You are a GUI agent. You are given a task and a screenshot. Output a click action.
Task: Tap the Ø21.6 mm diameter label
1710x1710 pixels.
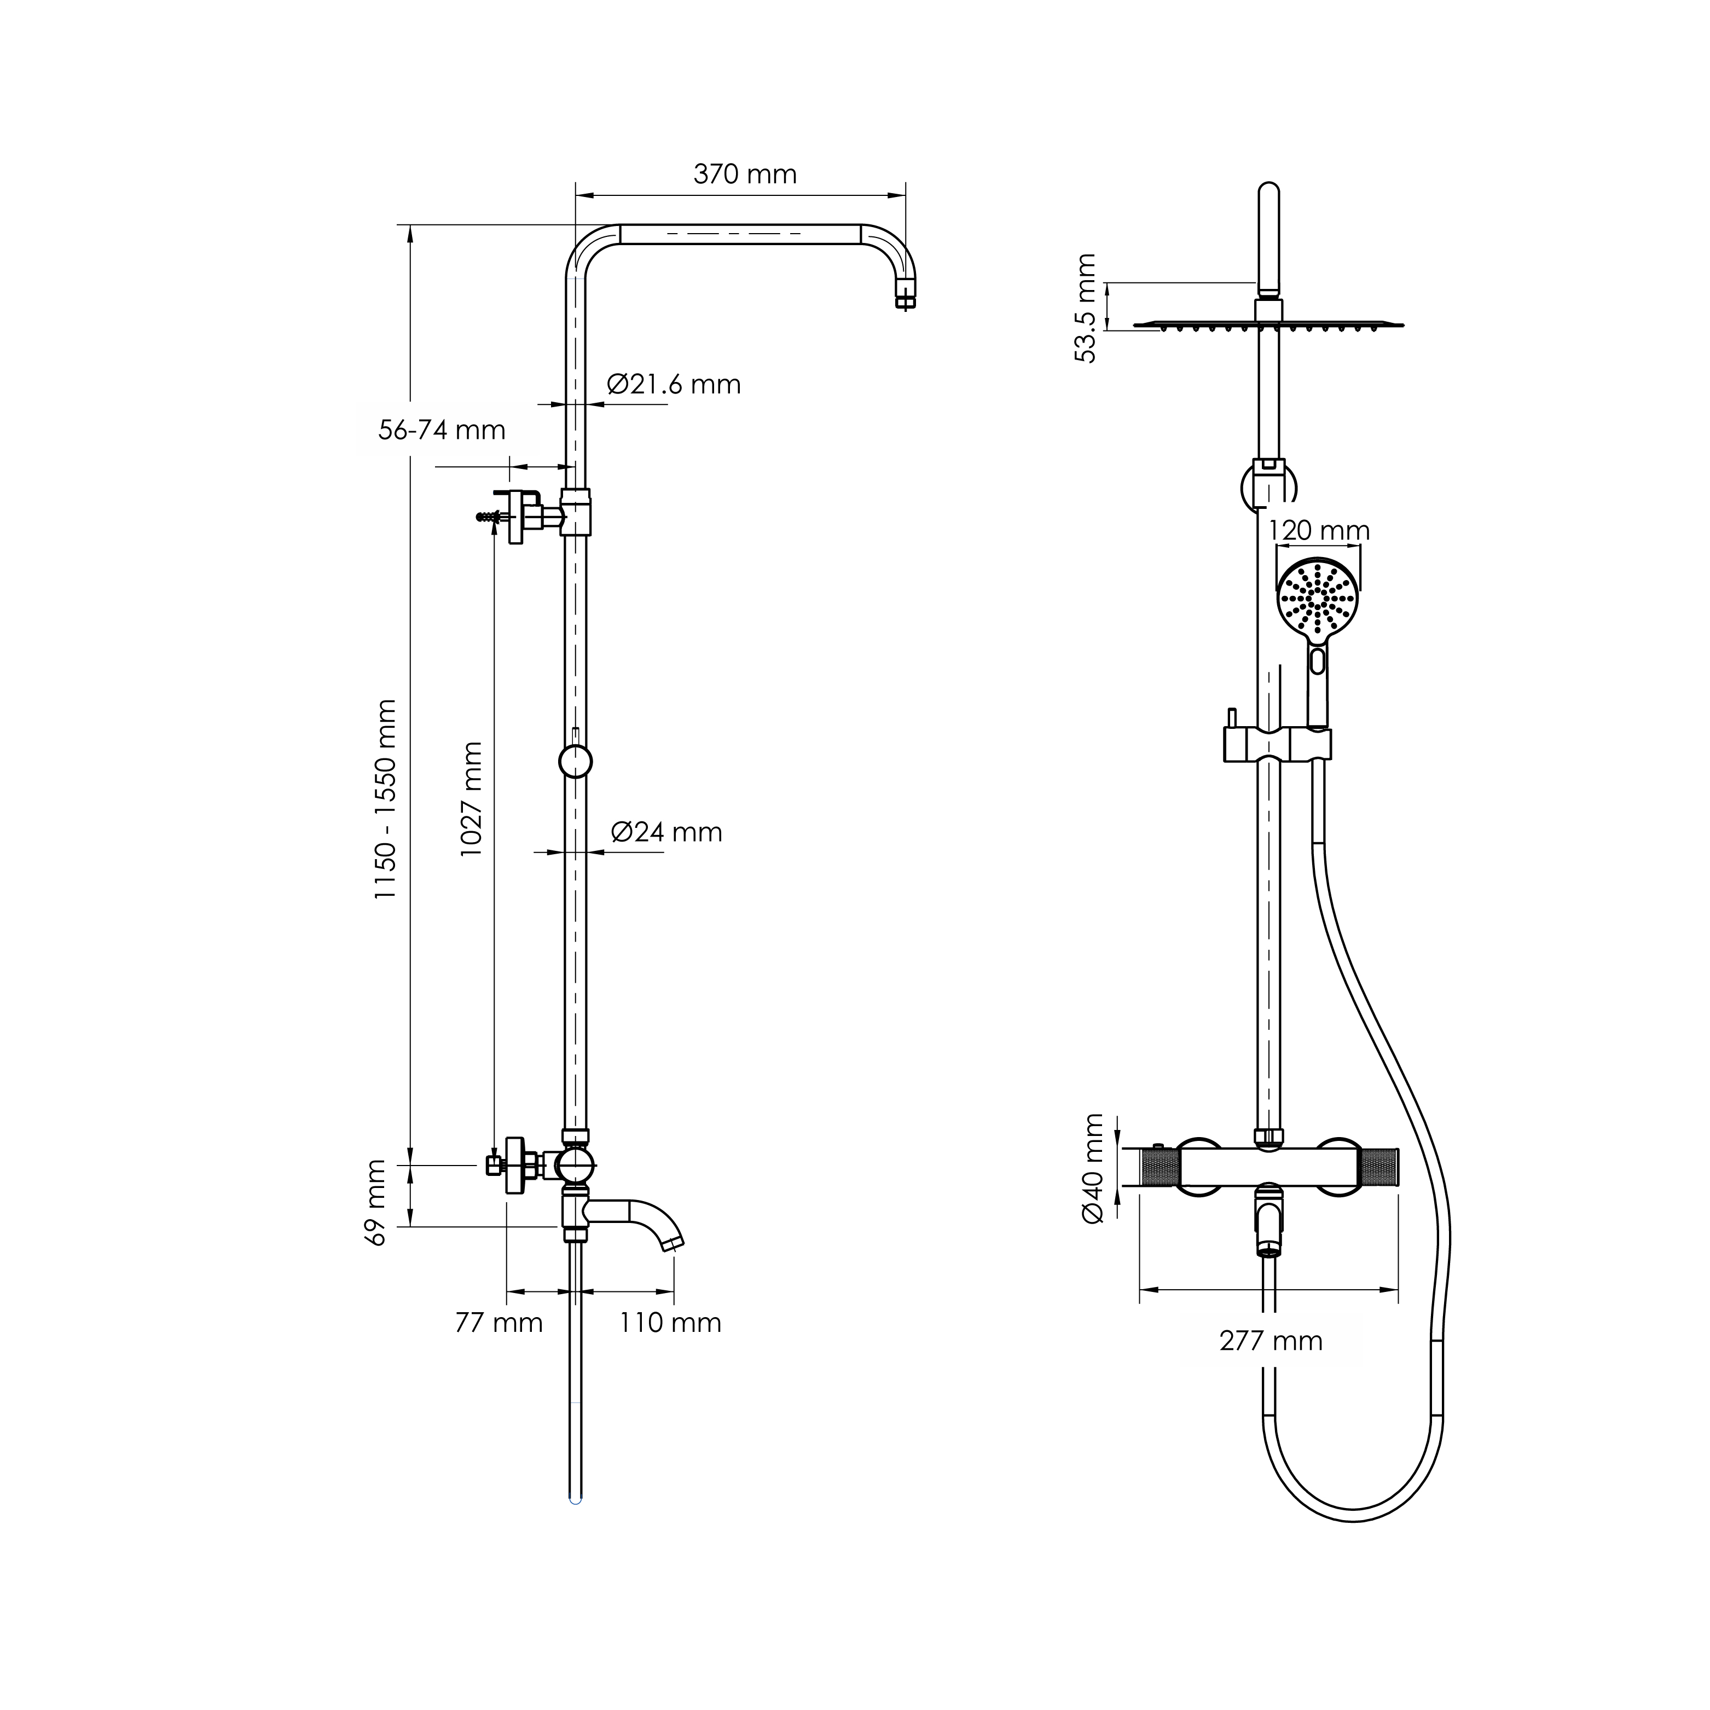(674, 384)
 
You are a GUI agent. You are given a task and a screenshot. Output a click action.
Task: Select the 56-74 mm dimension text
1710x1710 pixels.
(442, 430)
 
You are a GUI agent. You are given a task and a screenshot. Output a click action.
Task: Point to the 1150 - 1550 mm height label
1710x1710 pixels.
(385, 799)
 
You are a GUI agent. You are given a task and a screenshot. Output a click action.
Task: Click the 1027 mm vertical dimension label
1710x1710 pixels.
(471, 798)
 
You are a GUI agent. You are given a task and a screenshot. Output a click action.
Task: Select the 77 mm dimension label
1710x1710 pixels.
(498, 1323)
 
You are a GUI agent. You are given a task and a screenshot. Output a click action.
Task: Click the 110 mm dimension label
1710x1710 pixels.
(670, 1323)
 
